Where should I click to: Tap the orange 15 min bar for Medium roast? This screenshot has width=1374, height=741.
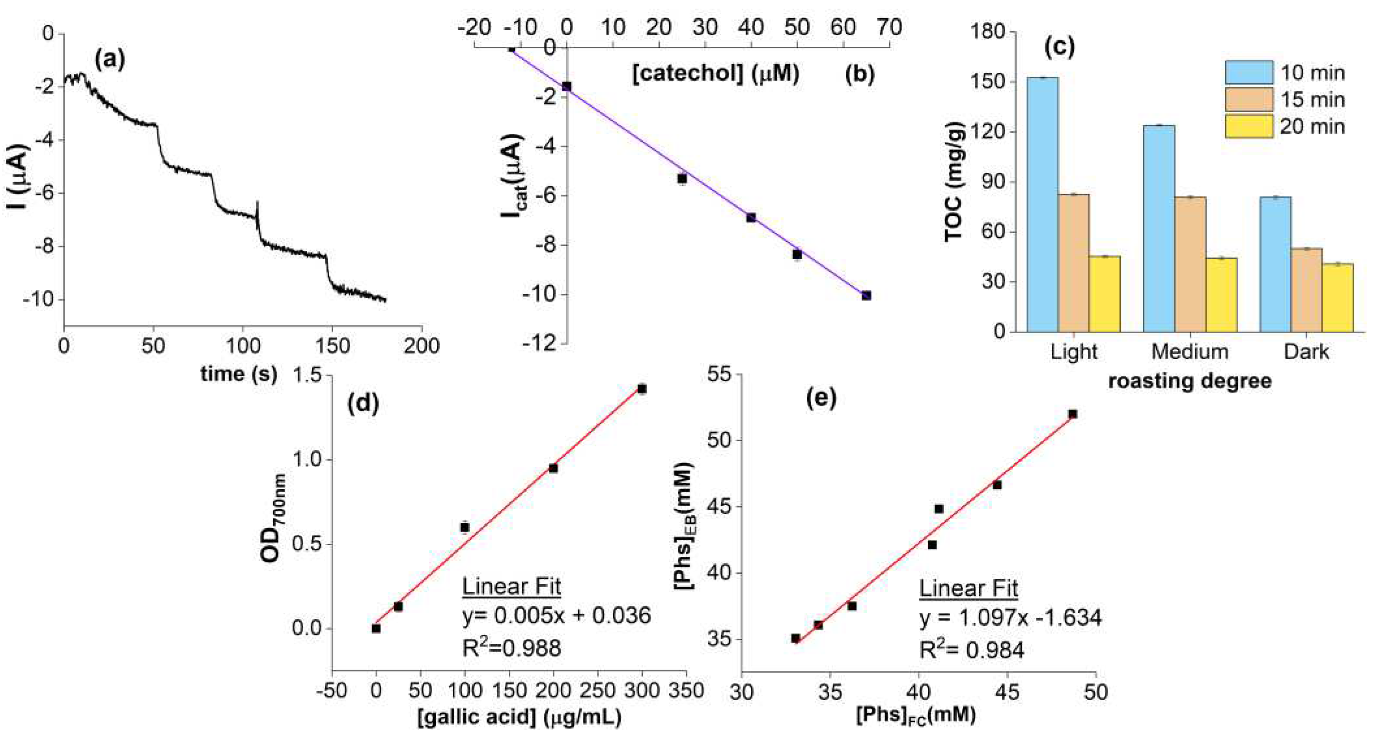click(1190, 264)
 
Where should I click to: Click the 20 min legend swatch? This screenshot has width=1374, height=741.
click(1249, 127)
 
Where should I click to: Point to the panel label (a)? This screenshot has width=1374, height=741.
click(109, 59)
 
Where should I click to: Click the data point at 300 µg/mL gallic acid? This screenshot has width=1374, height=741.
click(641, 389)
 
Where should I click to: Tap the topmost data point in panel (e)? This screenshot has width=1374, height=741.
click(1073, 414)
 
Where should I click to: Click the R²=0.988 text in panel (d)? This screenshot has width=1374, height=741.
click(511, 648)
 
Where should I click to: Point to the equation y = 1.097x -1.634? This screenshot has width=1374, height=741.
click(1010, 618)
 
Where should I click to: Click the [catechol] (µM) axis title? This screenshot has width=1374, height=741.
click(716, 74)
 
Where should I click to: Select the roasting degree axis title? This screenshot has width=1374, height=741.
click(1189, 381)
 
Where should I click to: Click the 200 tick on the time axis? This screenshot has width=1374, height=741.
click(422, 347)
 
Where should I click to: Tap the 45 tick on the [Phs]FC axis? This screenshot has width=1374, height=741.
click(1007, 692)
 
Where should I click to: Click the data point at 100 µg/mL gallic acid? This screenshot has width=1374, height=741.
click(465, 527)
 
